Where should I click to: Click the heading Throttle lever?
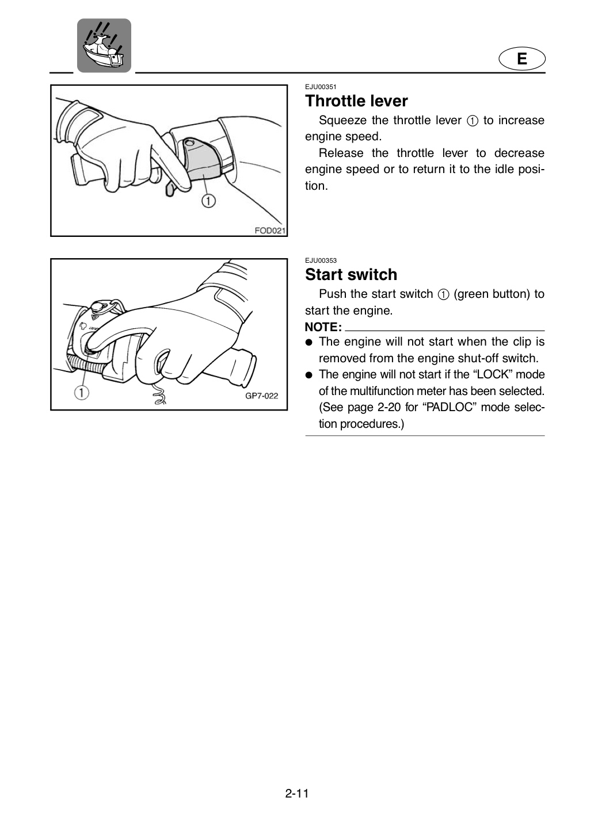[356, 101]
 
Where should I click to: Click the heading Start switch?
[351, 275]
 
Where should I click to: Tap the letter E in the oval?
[522, 59]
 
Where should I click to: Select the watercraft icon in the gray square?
[104, 45]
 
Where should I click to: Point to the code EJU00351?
[321, 87]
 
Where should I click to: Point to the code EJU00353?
[321, 260]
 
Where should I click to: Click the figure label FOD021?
[270, 231]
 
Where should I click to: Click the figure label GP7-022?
[262, 396]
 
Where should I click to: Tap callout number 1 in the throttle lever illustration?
[208, 201]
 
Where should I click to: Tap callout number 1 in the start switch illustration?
[82, 392]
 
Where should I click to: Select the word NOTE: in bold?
[323, 327]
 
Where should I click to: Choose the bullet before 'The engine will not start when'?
[309, 342]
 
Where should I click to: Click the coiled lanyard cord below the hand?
[159, 394]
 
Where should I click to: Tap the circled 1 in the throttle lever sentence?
[472, 121]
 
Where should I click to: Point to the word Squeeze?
[342, 121]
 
